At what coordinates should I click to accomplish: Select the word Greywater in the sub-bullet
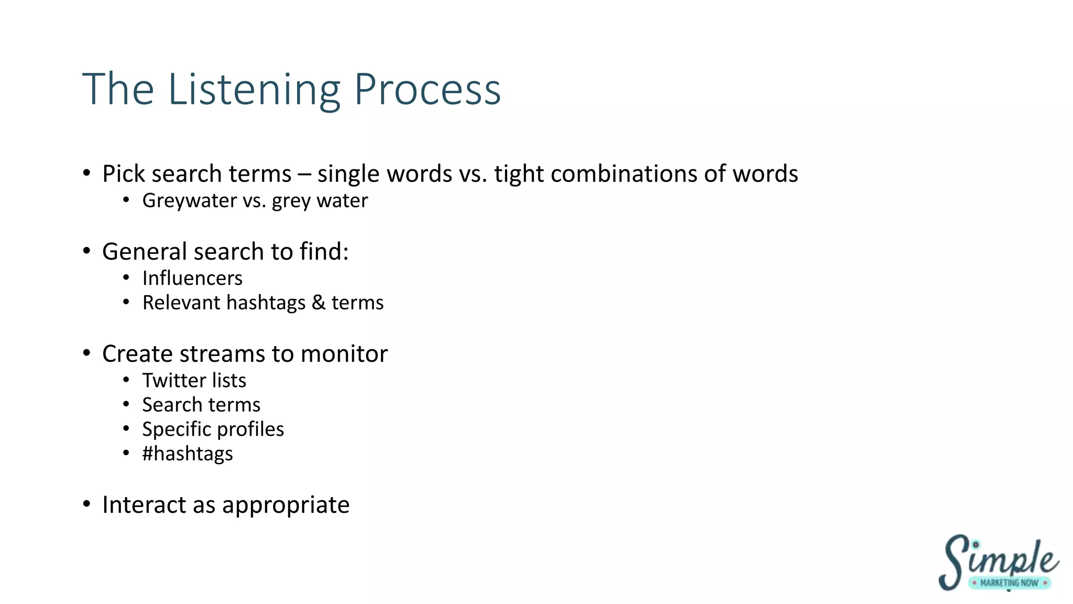(190, 201)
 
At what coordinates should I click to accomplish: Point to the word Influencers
(192, 278)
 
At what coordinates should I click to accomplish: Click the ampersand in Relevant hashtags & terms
(319, 303)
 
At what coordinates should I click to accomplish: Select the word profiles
(253, 429)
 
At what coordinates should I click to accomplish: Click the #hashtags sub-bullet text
(188, 454)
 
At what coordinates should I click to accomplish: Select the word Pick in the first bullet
(124, 174)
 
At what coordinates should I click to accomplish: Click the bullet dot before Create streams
(87, 353)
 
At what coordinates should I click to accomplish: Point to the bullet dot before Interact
(87, 504)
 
